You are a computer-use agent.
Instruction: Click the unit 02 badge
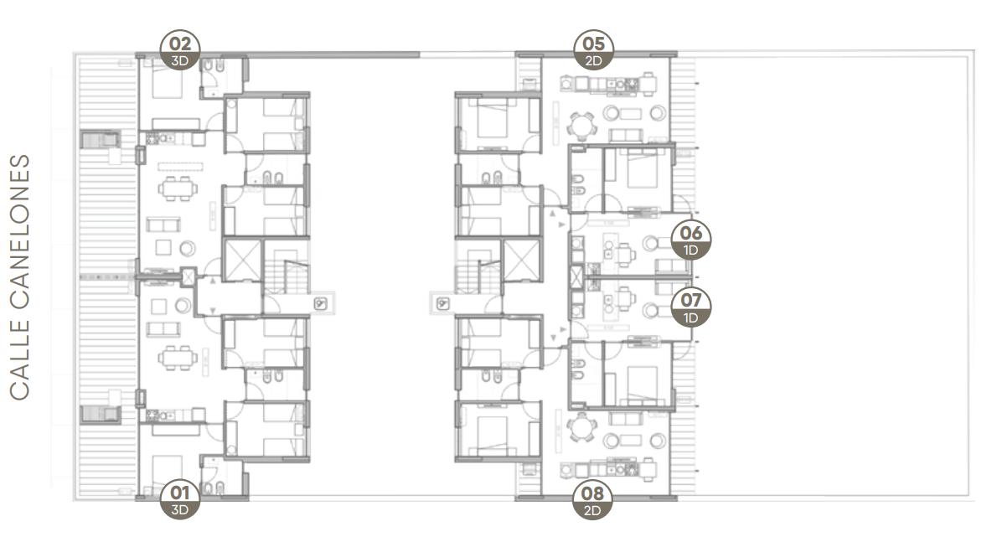pyautogui.click(x=180, y=50)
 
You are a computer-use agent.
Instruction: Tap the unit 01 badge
pyautogui.click(x=180, y=498)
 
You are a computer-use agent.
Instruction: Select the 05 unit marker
pyautogui.click(x=593, y=50)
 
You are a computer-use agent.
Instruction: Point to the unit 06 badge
pyautogui.click(x=691, y=239)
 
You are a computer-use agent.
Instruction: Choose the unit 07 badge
pyautogui.click(x=691, y=307)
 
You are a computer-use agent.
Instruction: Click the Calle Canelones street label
pyautogui.click(x=20, y=277)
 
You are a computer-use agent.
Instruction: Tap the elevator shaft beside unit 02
pyautogui.click(x=242, y=259)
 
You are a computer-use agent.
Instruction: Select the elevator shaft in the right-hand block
pyautogui.click(x=521, y=259)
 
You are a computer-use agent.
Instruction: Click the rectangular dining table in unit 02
pyautogui.click(x=178, y=188)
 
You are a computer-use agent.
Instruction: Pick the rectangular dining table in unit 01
pyautogui.click(x=178, y=358)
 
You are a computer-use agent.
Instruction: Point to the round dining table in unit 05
pyautogui.click(x=581, y=125)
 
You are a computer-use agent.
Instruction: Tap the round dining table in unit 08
pyautogui.click(x=581, y=426)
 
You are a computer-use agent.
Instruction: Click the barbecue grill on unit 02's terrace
pyautogui.click(x=101, y=139)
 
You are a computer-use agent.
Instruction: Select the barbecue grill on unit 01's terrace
pyautogui.click(x=101, y=414)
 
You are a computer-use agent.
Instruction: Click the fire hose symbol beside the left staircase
pyautogui.click(x=320, y=304)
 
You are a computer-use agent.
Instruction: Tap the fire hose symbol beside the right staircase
pyautogui.click(x=442, y=304)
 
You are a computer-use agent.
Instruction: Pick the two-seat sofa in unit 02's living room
pyautogui.click(x=163, y=225)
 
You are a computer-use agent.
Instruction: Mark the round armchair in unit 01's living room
pyautogui.click(x=183, y=306)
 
